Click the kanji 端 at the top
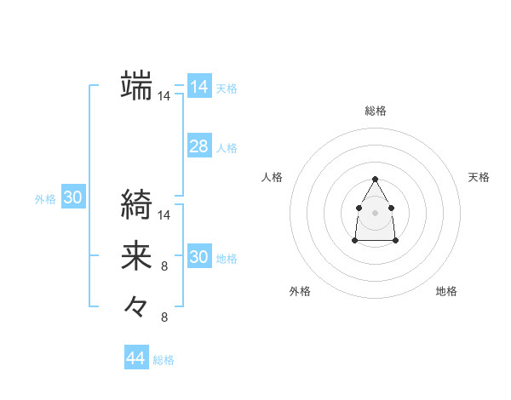(x=136, y=85)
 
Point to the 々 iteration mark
(x=136, y=306)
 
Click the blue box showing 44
(x=135, y=358)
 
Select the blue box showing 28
(x=198, y=146)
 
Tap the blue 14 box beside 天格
(x=198, y=87)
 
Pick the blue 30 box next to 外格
(x=72, y=198)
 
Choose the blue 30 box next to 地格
(x=198, y=257)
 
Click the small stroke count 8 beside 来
(x=164, y=266)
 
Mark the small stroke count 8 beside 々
(x=164, y=317)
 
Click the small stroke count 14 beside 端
(x=164, y=97)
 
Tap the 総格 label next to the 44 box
(x=164, y=360)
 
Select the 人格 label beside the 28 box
(x=227, y=148)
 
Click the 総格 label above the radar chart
(x=375, y=111)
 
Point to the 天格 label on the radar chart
(x=479, y=177)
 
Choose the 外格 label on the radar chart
(x=300, y=291)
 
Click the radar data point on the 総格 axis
(x=375, y=179)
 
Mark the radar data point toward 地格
(x=396, y=241)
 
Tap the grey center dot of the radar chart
(x=375, y=211)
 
